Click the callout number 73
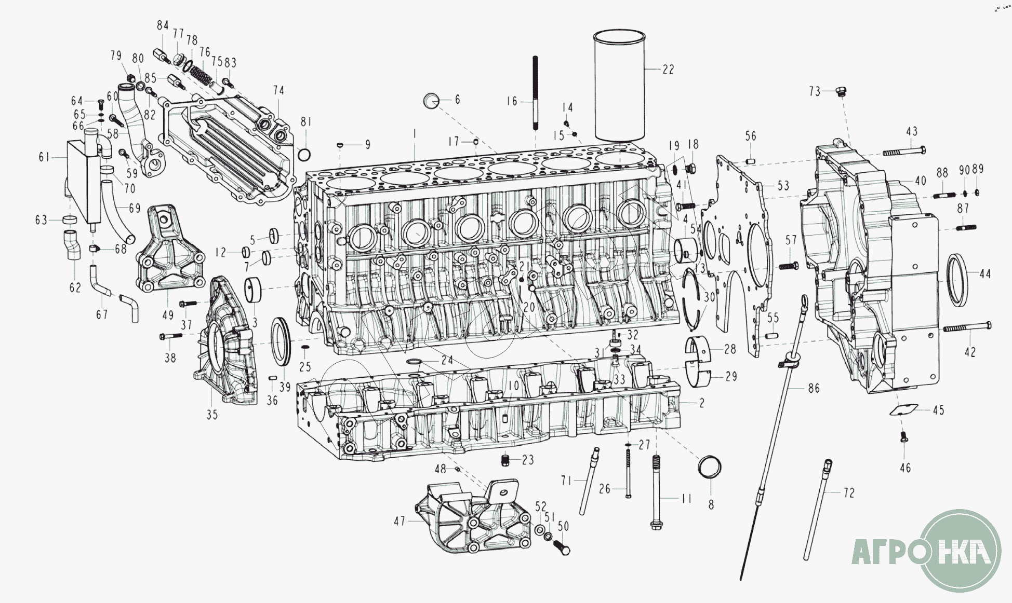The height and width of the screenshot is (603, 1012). coord(814,91)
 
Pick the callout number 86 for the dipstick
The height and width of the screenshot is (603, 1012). coord(814,388)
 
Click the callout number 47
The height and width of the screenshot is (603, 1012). coord(399,520)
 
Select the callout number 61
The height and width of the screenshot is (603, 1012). coord(44,156)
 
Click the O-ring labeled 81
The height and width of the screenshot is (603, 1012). coord(305,154)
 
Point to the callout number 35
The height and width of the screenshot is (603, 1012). coord(212,415)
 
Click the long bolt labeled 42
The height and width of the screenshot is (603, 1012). coord(966,327)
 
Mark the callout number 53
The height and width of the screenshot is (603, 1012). coord(783,185)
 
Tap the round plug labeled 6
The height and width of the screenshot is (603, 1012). coord(432,101)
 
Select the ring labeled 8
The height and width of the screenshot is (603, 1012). coord(710,465)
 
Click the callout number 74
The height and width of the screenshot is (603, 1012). coord(278,90)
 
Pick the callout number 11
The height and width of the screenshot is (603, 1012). coord(686,498)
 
